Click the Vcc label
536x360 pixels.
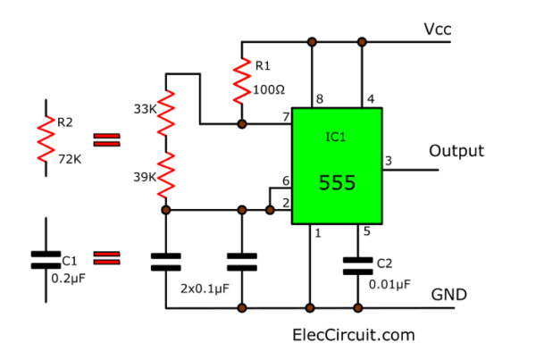pos(438,29)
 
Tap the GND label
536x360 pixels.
pos(449,295)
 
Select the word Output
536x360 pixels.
pos(456,150)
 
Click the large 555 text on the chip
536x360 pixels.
pos(338,184)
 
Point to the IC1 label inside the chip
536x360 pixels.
pos(338,138)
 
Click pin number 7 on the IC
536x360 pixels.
pos(286,117)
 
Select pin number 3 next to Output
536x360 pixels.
pos(388,160)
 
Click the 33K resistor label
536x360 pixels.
pos(144,109)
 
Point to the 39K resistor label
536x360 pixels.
pos(144,177)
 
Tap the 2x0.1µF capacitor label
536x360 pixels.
pos(205,289)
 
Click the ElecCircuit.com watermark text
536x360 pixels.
pos(354,335)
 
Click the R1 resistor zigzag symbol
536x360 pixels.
pos(241,81)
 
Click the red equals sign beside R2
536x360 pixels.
pos(106,138)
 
